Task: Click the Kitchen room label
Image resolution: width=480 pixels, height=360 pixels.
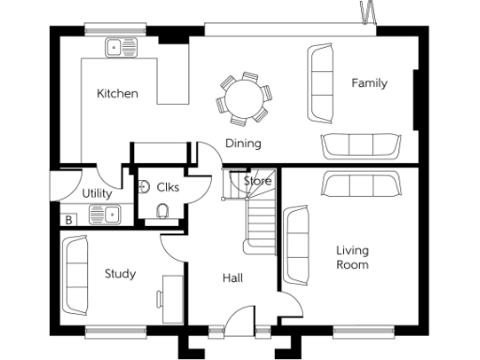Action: pyautogui.click(x=118, y=94)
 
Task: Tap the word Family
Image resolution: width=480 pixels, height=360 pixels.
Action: pyautogui.click(x=369, y=83)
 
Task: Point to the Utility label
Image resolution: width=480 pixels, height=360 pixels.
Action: pyautogui.click(x=97, y=194)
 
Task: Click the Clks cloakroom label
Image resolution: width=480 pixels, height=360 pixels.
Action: pyautogui.click(x=168, y=187)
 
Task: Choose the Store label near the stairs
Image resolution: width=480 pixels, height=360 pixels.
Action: pyautogui.click(x=258, y=180)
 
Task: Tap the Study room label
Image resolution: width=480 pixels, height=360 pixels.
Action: pyautogui.click(x=120, y=274)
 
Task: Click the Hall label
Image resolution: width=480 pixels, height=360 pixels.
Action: pyautogui.click(x=232, y=278)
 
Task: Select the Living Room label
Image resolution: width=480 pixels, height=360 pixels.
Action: pyautogui.click(x=352, y=258)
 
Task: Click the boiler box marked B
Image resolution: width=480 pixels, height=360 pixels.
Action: pyautogui.click(x=68, y=220)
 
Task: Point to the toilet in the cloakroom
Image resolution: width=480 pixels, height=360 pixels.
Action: pyautogui.click(x=164, y=211)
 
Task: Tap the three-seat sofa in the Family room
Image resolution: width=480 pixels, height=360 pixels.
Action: pyautogui.click(x=359, y=145)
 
